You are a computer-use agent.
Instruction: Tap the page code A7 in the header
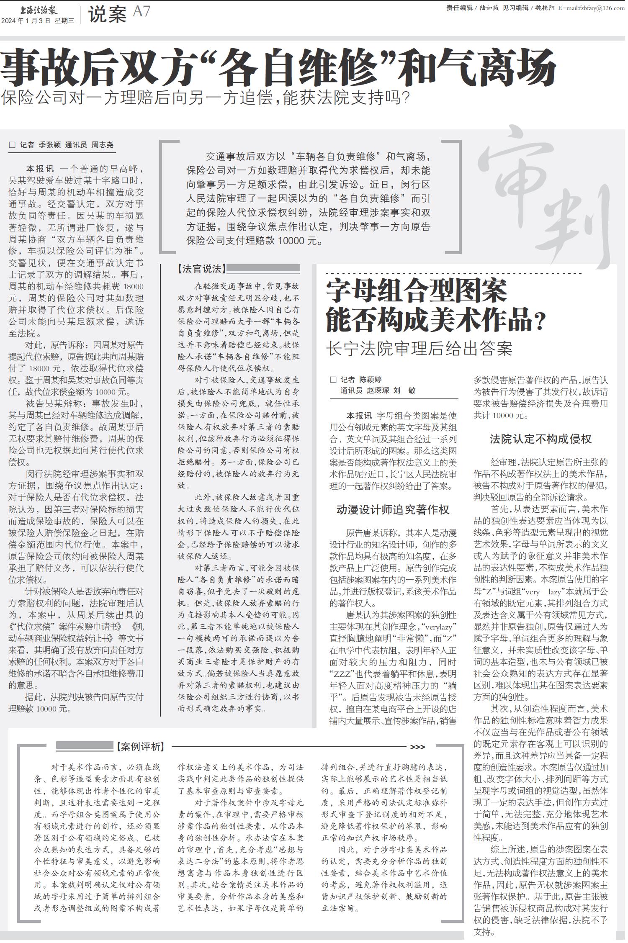click(141, 12)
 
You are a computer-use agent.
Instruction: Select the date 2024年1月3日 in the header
click(26, 21)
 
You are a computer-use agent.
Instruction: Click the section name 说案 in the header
click(107, 15)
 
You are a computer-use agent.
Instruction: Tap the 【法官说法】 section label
click(201, 269)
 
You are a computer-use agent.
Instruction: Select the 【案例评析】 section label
click(140, 747)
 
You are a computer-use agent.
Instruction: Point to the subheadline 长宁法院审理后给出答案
click(419, 348)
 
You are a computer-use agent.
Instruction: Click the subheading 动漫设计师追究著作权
click(393, 509)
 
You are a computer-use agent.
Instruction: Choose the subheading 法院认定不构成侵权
click(540, 439)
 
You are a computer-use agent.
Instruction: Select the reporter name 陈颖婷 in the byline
click(370, 380)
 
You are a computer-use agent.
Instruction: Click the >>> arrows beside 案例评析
click(417, 747)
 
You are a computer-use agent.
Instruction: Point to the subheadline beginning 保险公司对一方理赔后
click(205, 98)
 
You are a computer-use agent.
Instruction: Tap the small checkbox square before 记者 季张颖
click(12, 145)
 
